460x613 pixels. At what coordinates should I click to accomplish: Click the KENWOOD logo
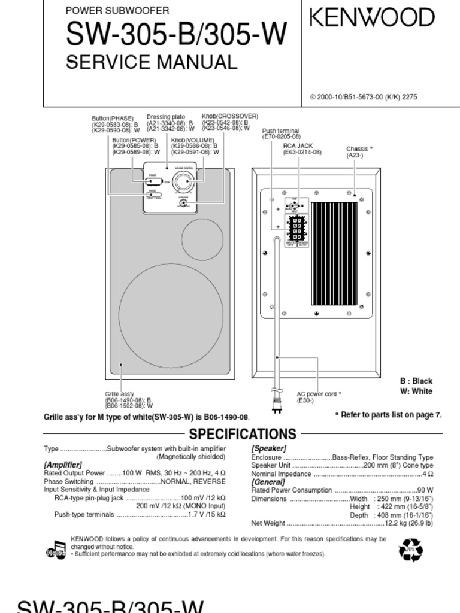372,17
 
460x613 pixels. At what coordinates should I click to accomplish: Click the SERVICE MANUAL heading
152,62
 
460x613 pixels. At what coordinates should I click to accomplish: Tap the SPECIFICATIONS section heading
243,434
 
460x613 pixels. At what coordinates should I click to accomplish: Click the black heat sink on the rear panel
334,253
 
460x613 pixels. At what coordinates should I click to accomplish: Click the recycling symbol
411,549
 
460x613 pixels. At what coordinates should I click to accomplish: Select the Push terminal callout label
282,133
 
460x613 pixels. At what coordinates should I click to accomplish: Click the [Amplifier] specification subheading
62,465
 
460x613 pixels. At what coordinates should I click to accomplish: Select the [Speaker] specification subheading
268,448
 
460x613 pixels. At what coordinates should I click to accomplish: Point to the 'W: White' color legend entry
416,392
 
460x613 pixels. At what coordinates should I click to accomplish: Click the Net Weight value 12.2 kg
408,523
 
